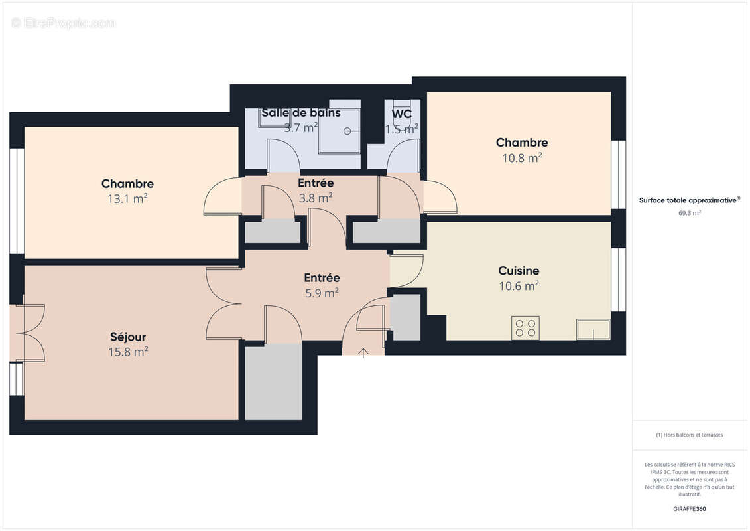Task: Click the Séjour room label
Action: pos(128,337)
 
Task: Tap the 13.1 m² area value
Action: pos(128,198)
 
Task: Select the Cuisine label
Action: pos(519,271)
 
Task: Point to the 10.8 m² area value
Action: pos(521,158)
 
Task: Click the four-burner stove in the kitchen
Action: pos(525,328)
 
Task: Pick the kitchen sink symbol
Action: pos(593,329)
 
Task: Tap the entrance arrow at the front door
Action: pos(363,352)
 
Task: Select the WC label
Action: pos(401,114)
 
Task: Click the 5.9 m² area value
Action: pos(322,293)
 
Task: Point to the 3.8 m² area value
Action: pos(315,198)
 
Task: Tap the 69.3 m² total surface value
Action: pos(690,213)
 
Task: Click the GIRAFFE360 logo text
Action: pos(690,509)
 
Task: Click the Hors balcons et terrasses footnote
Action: pos(690,435)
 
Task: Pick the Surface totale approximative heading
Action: pos(690,200)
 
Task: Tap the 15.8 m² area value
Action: pos(128,352)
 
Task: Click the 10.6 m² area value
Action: pos(519,287)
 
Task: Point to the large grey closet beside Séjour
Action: pos(273,382)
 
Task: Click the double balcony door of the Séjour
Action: pos(29,333)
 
